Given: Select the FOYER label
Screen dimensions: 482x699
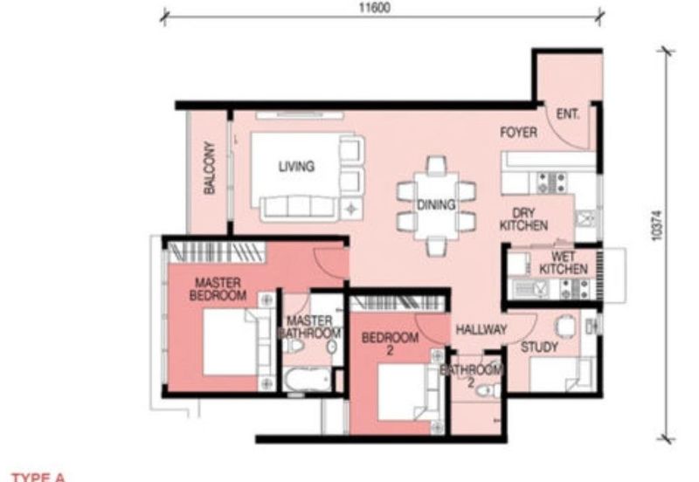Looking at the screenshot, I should coord(518,133).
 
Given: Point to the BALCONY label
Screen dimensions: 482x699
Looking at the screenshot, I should coord(210,169).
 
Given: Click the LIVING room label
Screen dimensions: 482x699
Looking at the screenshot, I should coord(296,167).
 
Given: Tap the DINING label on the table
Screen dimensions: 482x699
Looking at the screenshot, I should coord(436,206).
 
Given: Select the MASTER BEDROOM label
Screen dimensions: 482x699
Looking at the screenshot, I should coord(219,289).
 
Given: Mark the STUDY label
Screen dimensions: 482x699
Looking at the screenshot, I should coord(540,348).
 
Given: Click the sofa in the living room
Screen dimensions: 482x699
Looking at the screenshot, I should coord(296,206).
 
